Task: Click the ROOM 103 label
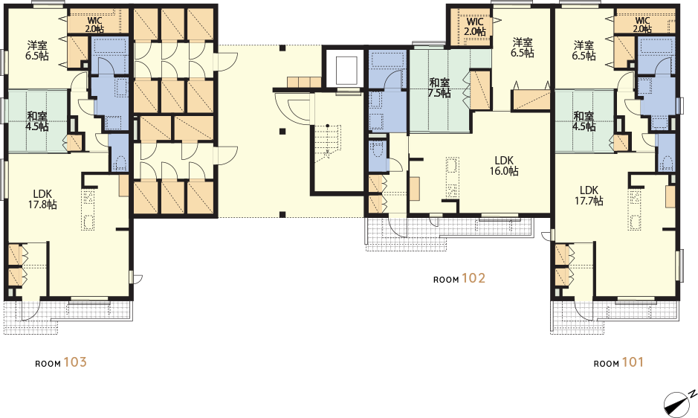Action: point(61,362)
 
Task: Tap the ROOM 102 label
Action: point(459,278)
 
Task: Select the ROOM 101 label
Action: point(618,362)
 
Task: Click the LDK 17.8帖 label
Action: point(42,199)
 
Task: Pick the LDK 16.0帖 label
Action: point(504,165)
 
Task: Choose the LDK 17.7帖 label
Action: point(589,195)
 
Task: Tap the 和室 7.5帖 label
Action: point(439,88)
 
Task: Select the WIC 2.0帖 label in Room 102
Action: point(475,27)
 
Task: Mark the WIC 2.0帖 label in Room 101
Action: point(642,25)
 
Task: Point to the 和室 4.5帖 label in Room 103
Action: point(38,121)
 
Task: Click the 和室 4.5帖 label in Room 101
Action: point(584,121)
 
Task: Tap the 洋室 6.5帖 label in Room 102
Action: point(523,48)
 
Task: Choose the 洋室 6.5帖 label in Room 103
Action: point(38,51)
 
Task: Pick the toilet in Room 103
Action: point(119,163)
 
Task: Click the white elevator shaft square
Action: point(346,71)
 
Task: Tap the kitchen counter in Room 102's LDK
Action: point(452,177)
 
